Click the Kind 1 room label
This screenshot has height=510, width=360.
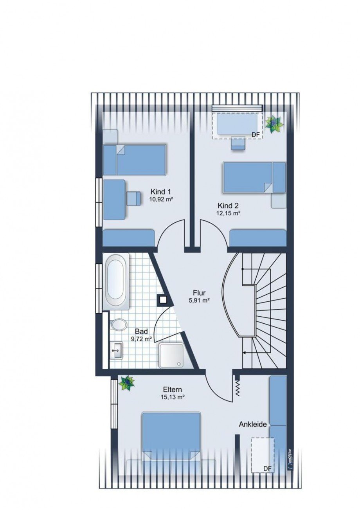coord(160,191)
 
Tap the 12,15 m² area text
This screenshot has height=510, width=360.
coord(228,214)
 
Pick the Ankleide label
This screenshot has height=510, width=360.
coord(253,424)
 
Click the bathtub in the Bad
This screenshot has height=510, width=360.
coord(116,281)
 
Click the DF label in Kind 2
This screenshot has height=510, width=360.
coord(255,135)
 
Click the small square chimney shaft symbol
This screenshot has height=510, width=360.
coord(163,300)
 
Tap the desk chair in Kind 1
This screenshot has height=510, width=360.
coord(133,198)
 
